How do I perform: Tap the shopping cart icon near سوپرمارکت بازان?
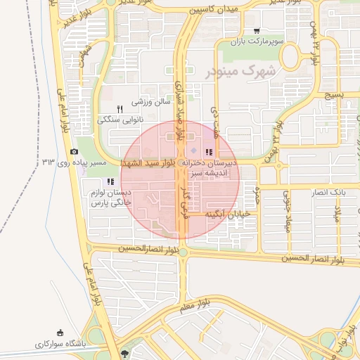coord(257,31)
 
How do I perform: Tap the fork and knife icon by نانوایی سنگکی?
coord(120,109)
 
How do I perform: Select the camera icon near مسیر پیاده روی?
coord(75,151)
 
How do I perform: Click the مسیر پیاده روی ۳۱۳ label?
coord(74,163)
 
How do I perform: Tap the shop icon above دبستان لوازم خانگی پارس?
coord(110,181)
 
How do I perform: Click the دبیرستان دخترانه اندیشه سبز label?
coord(211,167)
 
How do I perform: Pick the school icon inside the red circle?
coord(208,152)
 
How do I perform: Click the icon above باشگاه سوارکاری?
coord(60,333)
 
